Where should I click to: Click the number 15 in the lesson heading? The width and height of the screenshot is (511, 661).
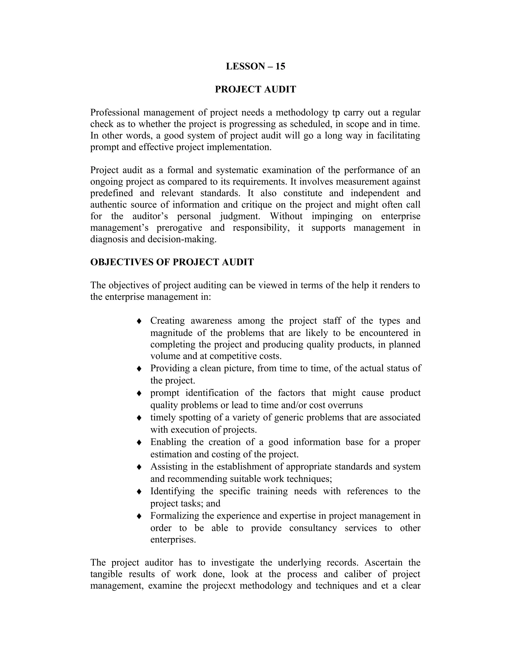[280, 66]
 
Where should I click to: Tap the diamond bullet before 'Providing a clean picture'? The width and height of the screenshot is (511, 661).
[139, 369]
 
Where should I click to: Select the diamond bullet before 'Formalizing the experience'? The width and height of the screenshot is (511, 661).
[139, 516]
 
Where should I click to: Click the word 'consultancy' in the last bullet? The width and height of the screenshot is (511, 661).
[313, 528]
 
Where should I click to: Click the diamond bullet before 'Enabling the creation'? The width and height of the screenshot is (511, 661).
[139, 442]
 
